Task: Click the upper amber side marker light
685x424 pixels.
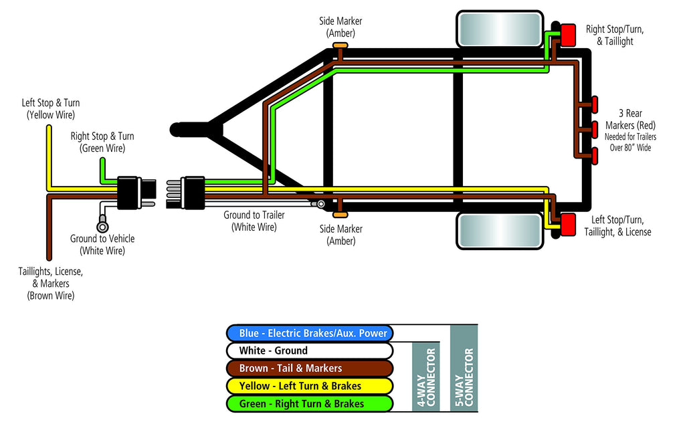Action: [x=340, y=45]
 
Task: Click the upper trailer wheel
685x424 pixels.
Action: [x=499, y=29]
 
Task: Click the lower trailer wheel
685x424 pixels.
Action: [x=499, y=230]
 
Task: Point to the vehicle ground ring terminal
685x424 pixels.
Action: [x=103, y=226]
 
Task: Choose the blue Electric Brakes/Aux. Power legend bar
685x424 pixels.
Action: [x=308, y=333]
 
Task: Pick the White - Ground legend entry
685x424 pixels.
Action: [x=308, y=350]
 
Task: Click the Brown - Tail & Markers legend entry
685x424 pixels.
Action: [x=308, y=368]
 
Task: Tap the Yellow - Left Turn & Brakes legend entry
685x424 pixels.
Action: [x=308, y=386]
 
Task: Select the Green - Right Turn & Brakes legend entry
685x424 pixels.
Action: [x=308, y=404]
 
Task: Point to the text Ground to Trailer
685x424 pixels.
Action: [x=254, y=215]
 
